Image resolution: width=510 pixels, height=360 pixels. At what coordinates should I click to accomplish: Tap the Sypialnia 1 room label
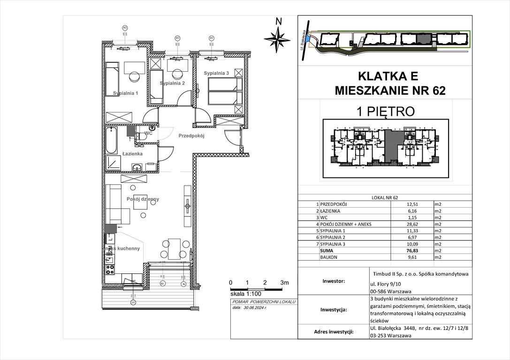tap(125, 93)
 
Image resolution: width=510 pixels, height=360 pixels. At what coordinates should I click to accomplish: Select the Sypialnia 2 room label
tap(172, 83)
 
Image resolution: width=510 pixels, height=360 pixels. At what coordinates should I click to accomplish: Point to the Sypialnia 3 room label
tap(216, 73)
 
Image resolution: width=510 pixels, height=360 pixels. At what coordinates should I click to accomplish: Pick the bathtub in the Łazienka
tap(112, 139)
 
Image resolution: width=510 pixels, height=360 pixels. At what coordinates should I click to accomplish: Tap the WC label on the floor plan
tap(149, 134)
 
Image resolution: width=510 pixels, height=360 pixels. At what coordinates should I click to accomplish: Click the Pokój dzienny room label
tap(143, 199)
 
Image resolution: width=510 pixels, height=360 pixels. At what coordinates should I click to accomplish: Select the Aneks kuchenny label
tap(122, 248)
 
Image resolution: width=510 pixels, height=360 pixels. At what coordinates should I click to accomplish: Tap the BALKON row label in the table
tap(329, 257)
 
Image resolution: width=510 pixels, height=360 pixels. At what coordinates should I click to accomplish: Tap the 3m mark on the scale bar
tap(284, 283)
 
